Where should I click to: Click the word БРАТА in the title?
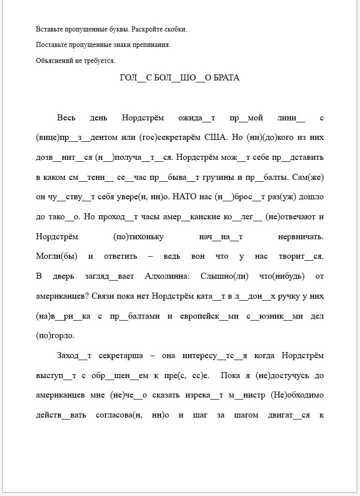(x=226, y=77)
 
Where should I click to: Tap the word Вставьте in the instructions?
(x=49, y=29)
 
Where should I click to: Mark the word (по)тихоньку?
(x=138, y=236)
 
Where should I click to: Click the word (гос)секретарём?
(x=166, y=137)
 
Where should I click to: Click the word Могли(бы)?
(x=57, y=256)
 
